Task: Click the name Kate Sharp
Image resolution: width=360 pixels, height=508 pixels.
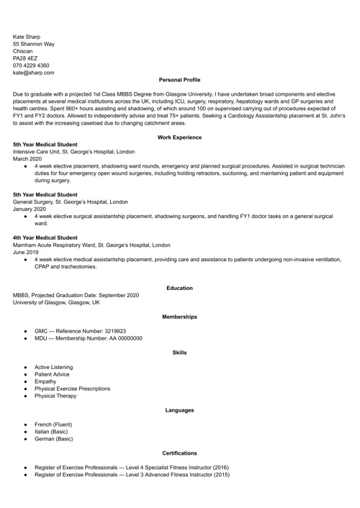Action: pyautogui.click(x=27, y=36)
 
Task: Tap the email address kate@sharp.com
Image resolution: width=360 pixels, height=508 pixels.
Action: pyautogui.click(x=33, y=73)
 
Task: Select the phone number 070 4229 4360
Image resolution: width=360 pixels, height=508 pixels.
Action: pyautogui.click(x=31, y=65)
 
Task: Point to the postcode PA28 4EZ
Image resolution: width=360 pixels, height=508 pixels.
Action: pyautogui.click(x=25, y=58)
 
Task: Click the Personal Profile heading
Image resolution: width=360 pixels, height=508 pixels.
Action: pyautogui.click(x=179, y=80)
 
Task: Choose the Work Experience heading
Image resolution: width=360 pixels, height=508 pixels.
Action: pyautogui.click(x=179, y=137)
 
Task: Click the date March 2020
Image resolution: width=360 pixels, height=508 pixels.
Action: pyautogui.click(x=28, y=159)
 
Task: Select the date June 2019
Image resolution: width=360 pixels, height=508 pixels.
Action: pyautogui.click(x=26, y=253)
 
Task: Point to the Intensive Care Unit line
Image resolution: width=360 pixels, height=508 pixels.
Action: pyautogui.click(x=73, y=152)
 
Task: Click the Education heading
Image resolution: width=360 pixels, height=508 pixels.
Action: pyautogui.click(x=179, y=288)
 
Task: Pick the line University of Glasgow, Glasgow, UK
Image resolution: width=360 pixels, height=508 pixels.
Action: pyautogui.click(x=56, y=303)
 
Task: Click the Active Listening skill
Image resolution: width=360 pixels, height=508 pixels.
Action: pyautogui.click(x=53, y=367)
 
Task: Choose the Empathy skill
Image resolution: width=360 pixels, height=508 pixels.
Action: pyautogui.click(x=45, y=381)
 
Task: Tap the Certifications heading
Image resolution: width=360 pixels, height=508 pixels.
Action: pyautogui.click(x=179, y=453)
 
